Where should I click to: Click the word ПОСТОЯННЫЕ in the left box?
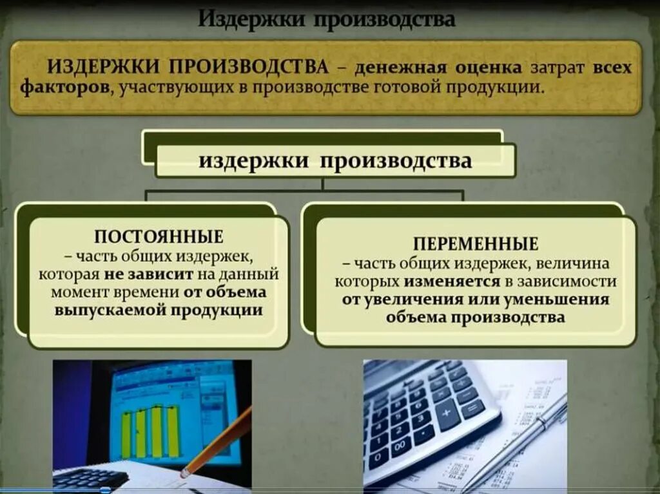(159, 237)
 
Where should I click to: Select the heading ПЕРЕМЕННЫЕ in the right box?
(476, 244)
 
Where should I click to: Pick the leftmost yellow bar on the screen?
(126, 436)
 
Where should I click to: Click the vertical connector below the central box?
(322, 184)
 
